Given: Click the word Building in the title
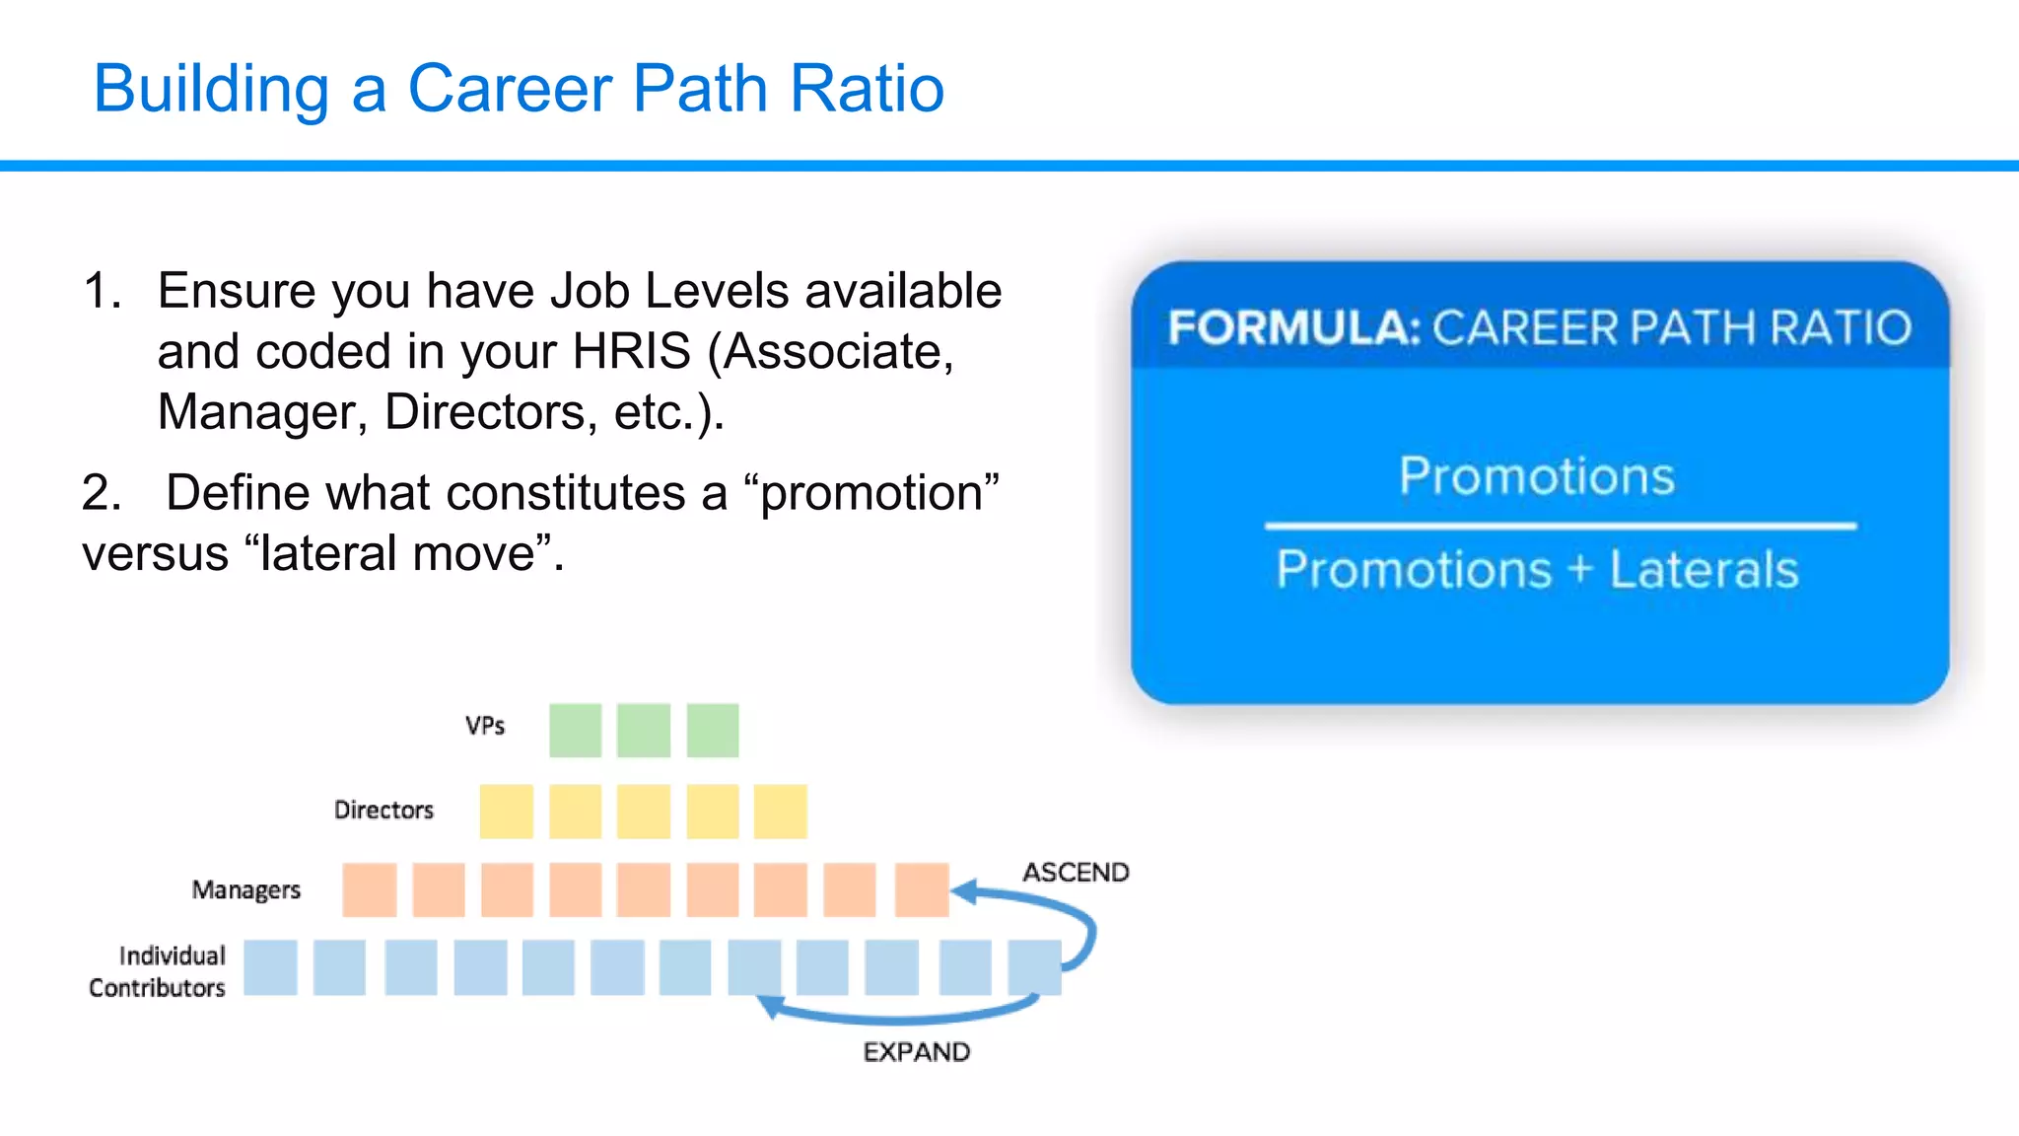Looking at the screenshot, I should click(x=211, y=89).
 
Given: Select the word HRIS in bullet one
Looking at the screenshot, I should click(x=632, y=352).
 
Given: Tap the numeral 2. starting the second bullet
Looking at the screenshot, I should click(x=102, y=493).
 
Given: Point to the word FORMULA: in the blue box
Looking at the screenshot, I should click(x=1292, y=327).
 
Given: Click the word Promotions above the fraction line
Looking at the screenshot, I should click(x=1536, y=476).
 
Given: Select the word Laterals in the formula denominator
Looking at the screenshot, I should click(x=1704, y=570).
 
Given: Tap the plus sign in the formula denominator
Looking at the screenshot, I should click(x=1580, y=569).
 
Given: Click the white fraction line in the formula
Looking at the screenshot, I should click(x=1560, y=527).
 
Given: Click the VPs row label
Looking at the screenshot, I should click(x=485, y=727).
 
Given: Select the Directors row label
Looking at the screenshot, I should click(x=383, y=811).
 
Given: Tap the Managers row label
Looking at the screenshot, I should click(x=245, y=890).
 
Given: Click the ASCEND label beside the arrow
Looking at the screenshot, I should click(x=1075, y=873).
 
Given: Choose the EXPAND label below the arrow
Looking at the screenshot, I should click(x=916, y=1052).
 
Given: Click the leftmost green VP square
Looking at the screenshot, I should click(x=575, y=731).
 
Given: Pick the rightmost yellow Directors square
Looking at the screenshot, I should click(x=780, y=812).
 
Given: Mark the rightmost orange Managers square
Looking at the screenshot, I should click(x=921, y=889).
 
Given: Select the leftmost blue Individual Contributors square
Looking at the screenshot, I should click(x=270, y=967).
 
